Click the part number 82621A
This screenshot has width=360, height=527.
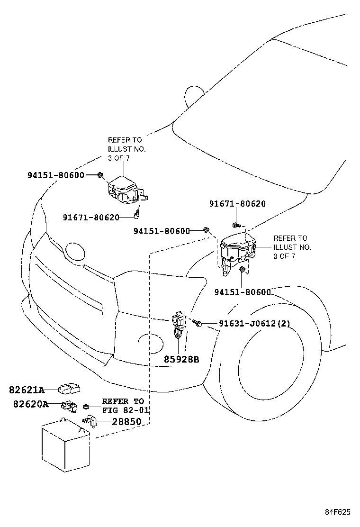[26, 390]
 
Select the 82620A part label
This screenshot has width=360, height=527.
[30, 404]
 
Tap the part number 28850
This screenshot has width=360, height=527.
[126, 421]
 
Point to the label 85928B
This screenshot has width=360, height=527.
[181, 360]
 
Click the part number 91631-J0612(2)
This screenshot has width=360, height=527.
[254, 324]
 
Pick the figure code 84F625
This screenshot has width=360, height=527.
[337, 512]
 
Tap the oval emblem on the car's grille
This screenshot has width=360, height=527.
[74, 252]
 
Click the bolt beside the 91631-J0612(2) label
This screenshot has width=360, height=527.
[198, 324]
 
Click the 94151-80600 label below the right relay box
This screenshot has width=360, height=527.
[242, 292]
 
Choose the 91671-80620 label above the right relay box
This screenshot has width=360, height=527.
[237, 204]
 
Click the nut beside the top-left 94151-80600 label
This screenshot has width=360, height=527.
[100, 175]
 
